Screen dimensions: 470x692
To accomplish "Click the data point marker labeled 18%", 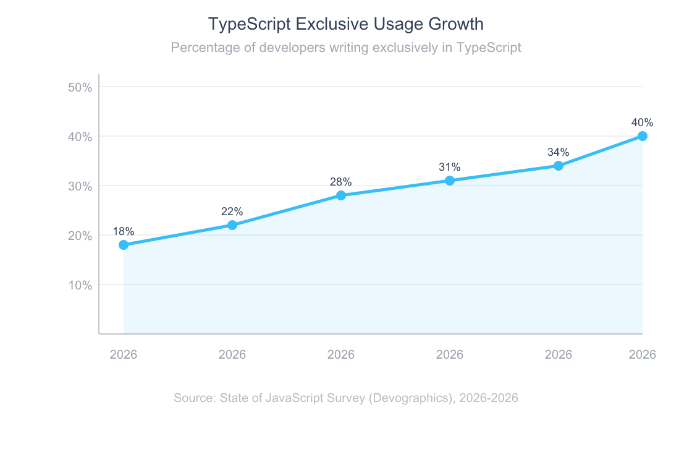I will pyautogui.click(x=124, y=245).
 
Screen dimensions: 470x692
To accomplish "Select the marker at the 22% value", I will pyautogui.click(x=232, y=225).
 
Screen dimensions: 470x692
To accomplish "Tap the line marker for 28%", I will pyautogui.click(x=341, y=195).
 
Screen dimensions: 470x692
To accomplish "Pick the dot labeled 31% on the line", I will pyautogui.click(x=450, y=181).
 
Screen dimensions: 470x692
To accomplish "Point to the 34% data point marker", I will pyautogui.click(x=559, y=166).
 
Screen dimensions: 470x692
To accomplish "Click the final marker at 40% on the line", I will pyautogui.click(x=643, y=136).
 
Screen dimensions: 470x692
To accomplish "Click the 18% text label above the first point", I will pyautogui.click(x=124, y=231).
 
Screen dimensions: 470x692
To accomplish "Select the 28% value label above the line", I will pyautogui.click(x=341, y=182).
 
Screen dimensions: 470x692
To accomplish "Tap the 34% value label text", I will pyautogui.click(x=559, y=152).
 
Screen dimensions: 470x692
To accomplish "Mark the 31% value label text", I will pyautogui.click(x=450, y=167).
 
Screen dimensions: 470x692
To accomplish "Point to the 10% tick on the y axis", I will pyautogui.click(x=80, y=285).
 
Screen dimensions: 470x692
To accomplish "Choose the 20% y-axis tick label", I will pyautogui.click(x=80, y=236).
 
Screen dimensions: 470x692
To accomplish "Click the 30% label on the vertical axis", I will pyautogui.click(x=80, y=186).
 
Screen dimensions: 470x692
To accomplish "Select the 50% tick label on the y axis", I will pyautogui.click(x=80, y=87).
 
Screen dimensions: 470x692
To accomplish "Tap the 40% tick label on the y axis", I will pyautogui.click(x=80, y=137).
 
